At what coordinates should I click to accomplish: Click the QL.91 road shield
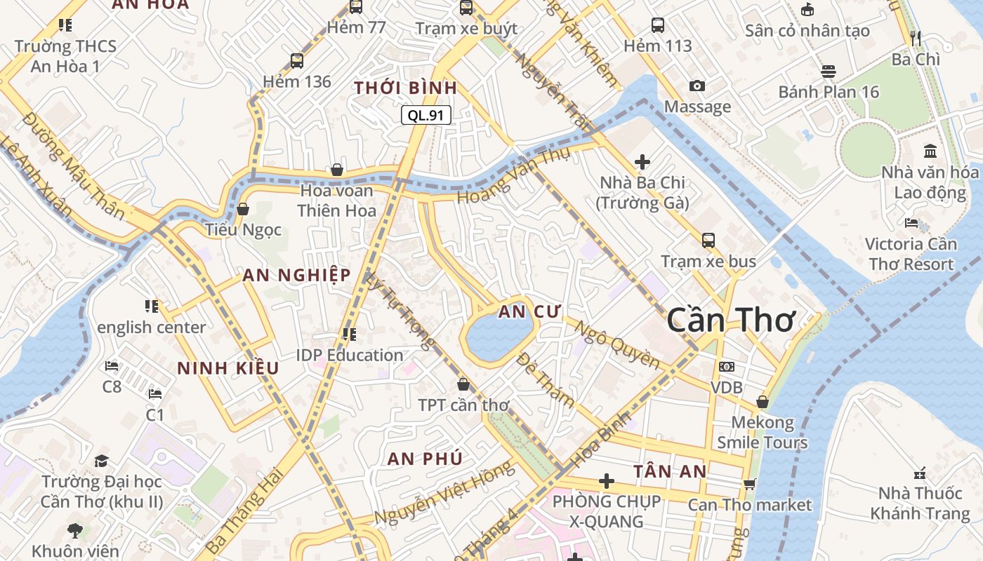[x=425, y=115]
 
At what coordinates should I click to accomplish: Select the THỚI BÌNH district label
[x=405, y=88]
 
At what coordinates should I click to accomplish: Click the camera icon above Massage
[x=697, y=86]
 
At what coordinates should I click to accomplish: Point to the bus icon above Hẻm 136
[x=297, y=60]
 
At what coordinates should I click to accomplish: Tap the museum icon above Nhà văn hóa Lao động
[x=930, y=151]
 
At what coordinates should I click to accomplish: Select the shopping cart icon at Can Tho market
[x=750, y=483]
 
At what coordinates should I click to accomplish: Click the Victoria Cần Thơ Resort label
[x=911, y=254]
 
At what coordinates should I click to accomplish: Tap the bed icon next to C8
[x=112, y=365]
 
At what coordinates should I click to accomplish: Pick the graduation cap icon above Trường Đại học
[x=102, y=461]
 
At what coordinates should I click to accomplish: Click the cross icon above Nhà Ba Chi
[x=642, y=162]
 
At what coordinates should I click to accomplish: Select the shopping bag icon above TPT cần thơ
[x=463, y=384]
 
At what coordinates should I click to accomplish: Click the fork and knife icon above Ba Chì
[x=915, y=38]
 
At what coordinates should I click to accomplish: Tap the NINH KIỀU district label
[x=227, y=368]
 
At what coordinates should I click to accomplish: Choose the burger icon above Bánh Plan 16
[x=829, y=71]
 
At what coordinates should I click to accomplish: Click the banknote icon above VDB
[x=727, y=367]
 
